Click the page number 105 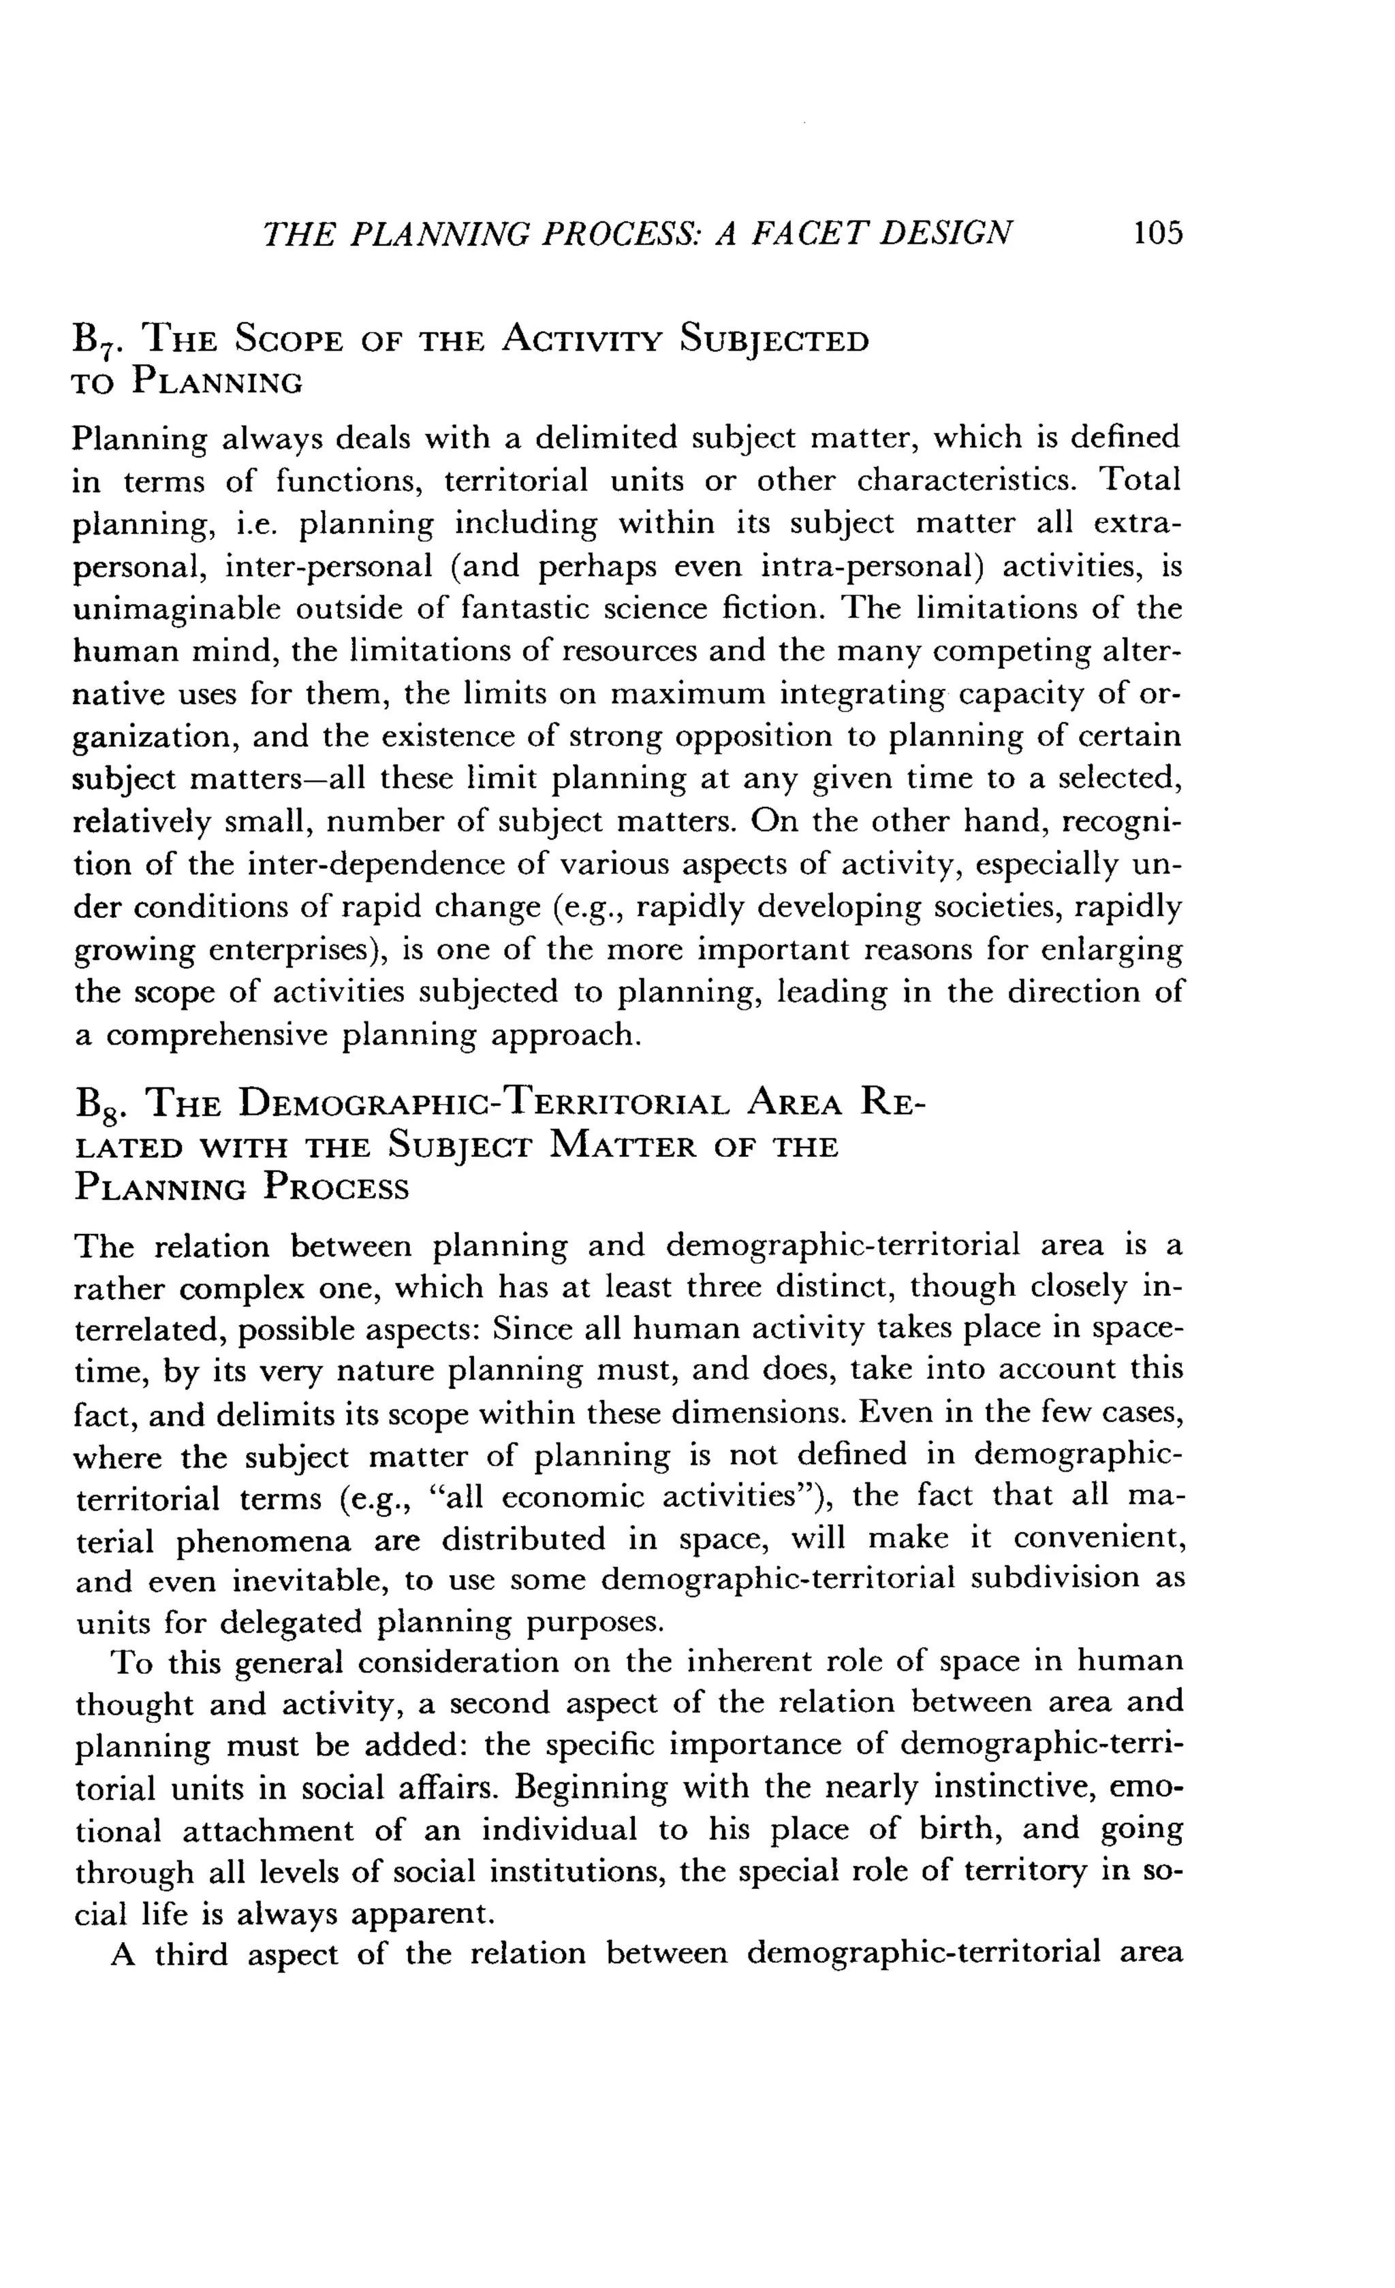pyautogui.click(x=1157, y=232)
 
